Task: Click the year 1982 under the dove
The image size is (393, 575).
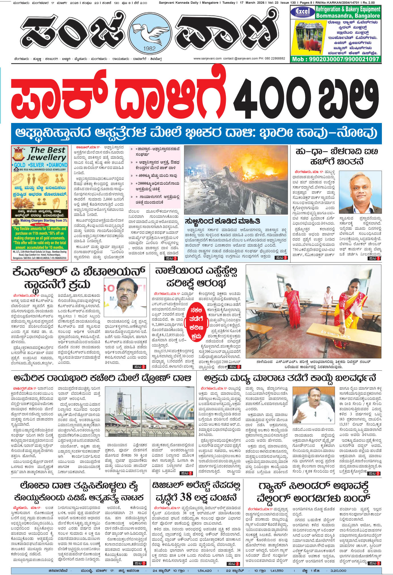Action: tap(150, 48)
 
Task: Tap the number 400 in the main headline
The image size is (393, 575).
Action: tap(274, 97)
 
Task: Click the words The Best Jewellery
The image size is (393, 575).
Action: tap(47, 154)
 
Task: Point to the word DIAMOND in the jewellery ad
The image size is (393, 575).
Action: tap(58, 165)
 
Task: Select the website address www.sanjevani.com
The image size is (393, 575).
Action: tap(207, 58)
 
